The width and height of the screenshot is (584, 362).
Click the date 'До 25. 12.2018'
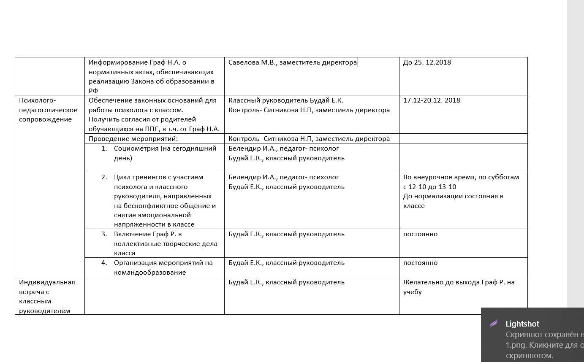[x=427, y=62]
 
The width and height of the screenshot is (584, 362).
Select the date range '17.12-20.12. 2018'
[x=432, y=100]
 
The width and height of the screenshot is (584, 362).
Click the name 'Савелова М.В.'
[x=252, y=62]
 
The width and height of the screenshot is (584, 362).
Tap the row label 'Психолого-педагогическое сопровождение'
[x=48, y=110]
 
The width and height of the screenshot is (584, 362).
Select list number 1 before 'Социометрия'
[x=104, y=149]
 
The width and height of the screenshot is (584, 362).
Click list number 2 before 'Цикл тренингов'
[x=104, y=177]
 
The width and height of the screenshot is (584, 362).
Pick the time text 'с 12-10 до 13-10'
[x=429, y=187]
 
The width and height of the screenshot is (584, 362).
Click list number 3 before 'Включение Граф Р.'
[x=104, y=234]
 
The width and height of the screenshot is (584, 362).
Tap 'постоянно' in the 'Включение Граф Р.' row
[x=420, y=234]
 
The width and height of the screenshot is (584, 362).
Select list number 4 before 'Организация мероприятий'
[x=104, y=263]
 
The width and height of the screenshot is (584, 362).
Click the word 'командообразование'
[x=150, y=273]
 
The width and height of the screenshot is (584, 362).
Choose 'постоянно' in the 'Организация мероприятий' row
[x=420, y=263]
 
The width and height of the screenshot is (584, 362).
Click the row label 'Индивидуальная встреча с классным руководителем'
[x=47, y=296]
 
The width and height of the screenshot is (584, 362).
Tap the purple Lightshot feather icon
[x=493, y=324]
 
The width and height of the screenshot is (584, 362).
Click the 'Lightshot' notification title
[x=522, y=324]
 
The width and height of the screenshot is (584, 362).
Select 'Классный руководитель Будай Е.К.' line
[x=285, y=100]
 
